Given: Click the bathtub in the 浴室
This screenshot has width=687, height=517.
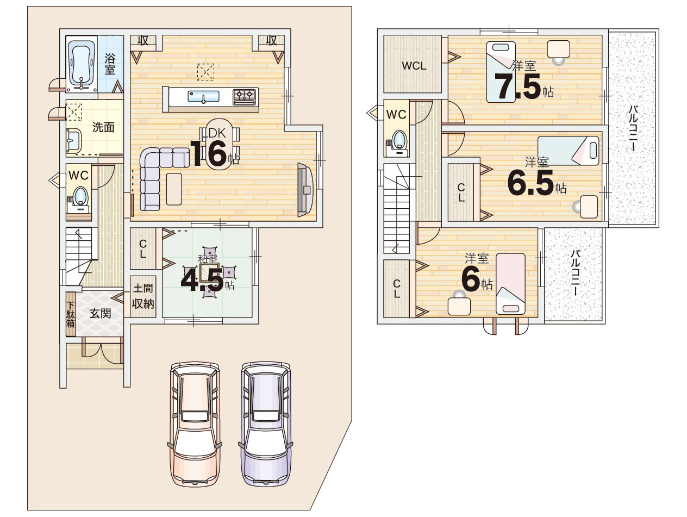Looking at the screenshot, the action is click(x=82, y=65).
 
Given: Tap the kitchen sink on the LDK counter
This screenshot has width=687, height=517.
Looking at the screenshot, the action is click(x=203, y=96).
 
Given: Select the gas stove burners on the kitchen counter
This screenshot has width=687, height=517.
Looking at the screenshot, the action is click(x=246, y=96).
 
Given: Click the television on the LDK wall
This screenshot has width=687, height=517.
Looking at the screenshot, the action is click(x=304, y=190).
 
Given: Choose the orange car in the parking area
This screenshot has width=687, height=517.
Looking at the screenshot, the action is click(x=195, y=423).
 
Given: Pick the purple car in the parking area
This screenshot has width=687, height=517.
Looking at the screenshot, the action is click(x=266, y=423).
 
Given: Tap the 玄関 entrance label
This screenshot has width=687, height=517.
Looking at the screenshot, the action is click(x=100, y=313).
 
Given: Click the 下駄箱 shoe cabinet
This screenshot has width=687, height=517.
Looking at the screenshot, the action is click(x=71, y=314).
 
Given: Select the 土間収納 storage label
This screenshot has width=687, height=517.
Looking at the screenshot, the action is click(x=143, y=296).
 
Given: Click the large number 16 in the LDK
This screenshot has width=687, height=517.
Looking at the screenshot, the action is click(x=209, y=153).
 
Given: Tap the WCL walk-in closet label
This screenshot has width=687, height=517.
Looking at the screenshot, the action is click(x=414, y=66).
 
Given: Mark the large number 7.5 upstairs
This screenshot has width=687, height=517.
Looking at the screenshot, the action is click(x=517, y=86).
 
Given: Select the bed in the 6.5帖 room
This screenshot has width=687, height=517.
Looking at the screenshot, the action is click(x=568, y=151).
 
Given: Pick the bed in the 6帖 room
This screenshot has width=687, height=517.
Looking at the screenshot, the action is click(x=510, y=284).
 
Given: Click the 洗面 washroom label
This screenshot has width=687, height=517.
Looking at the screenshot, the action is click(x=103, y=127).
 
